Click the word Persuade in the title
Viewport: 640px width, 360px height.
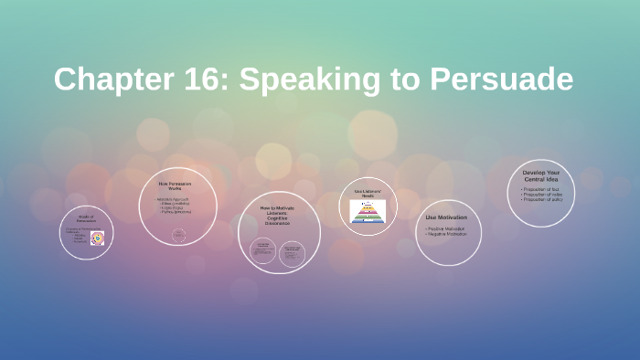pyautogui.click(x=493, y=79)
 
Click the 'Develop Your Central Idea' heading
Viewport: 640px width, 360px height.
pyautogui.click(x=541, y=175)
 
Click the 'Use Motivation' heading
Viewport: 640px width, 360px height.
pyautogui.click(x=447, y=217)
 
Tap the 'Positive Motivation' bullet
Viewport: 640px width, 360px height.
pyautogui.click(x=445, y=228)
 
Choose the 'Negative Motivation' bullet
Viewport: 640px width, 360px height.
pyautogui.click(x=446, y=234)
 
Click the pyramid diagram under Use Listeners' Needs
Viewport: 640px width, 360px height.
pyautogui.click(x=368, y=211)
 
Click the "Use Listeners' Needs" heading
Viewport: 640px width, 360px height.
pyautogui.click(x=368, y=193)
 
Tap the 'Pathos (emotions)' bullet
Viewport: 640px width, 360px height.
pyautogui.click(x=176, y=212)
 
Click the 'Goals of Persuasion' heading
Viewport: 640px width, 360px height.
pyautogui.click(x=85, y=218)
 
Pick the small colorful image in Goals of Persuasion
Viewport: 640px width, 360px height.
pyautogui.click(x=97, y=238)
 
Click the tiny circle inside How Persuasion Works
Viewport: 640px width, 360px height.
pyautogui.click(x=178, y=235)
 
